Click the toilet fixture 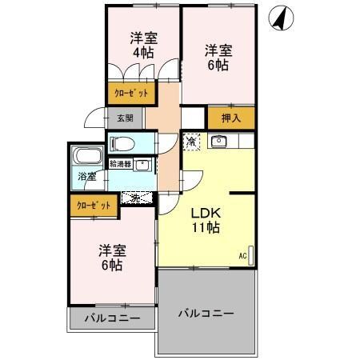click(121, 143)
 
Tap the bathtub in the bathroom click(85, 157)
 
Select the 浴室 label click(86, 176)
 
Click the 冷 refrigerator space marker click(192, 142)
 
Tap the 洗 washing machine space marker click(137, 197)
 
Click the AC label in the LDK click(242, 255)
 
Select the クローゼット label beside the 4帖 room click(130, 94)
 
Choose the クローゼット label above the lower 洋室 click(93, 205)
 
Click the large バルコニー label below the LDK click(206, 313)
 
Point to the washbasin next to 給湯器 click(142, 166)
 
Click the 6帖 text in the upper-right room click(218, 66)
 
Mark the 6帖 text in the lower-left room click(111, 264)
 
